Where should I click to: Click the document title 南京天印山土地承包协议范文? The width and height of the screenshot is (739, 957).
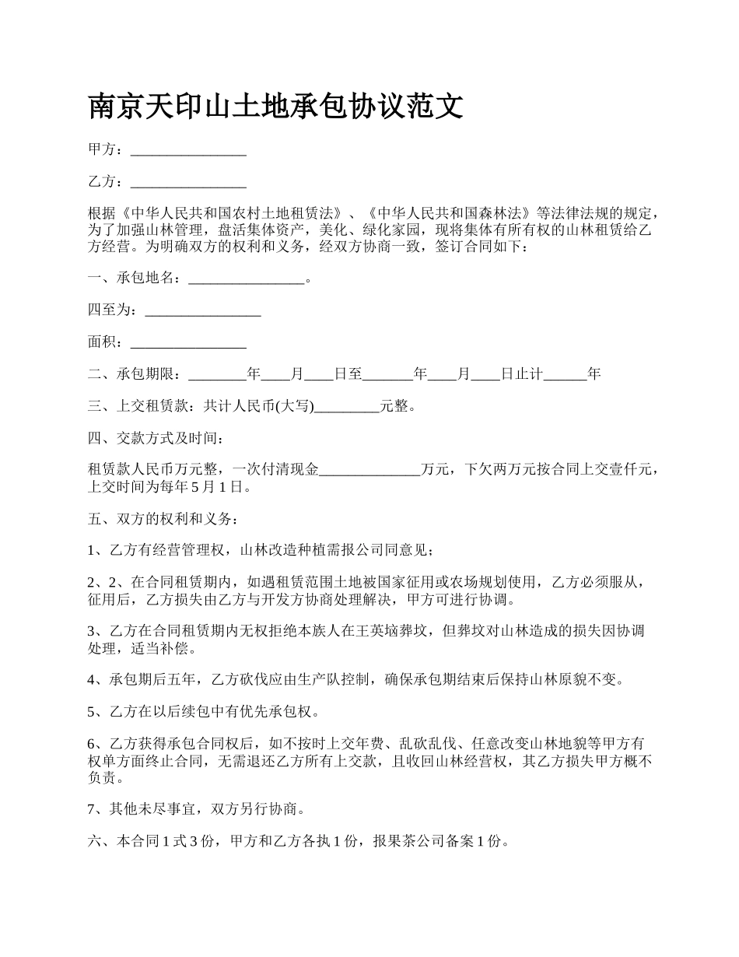point(276,107)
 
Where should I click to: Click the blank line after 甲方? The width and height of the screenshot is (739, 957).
point(188,151)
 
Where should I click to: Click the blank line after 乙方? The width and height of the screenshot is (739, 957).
point(188,183)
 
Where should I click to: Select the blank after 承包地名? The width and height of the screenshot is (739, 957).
point(246,279)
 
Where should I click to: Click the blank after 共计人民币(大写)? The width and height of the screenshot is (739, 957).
point(346,406)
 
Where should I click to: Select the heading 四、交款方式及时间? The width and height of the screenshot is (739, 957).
point(156,439)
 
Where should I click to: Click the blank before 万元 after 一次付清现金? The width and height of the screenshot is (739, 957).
point(369,471)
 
